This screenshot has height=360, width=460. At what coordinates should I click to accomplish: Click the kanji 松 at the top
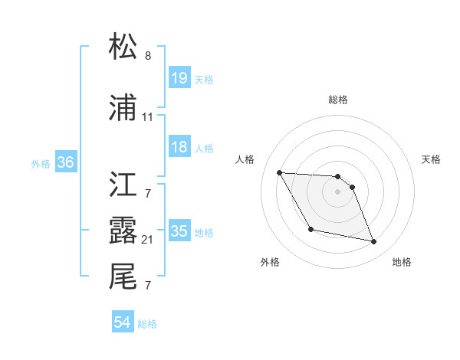(123, 47)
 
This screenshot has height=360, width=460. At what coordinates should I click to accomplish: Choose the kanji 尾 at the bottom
(123, 277)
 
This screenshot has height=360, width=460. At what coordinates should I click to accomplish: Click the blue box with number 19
(179, 78)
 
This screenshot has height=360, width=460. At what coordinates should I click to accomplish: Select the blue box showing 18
(179, 147)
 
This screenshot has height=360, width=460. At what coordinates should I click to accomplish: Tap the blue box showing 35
(179, 231)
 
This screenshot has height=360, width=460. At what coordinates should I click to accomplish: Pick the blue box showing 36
(65, 162)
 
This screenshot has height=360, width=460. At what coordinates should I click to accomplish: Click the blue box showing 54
(122, 323)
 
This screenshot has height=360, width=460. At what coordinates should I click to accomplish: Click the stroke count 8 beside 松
(148, 56)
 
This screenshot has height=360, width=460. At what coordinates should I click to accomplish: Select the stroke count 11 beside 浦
(147, 117)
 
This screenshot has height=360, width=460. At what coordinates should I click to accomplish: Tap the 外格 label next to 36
(41, 163)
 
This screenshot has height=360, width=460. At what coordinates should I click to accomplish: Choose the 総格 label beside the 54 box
(147, 324)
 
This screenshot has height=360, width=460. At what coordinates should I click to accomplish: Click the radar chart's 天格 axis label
(432, 159)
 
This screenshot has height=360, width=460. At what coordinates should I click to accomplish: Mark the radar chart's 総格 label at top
(338, 100)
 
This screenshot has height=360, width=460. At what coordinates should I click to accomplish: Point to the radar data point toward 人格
(279, 172)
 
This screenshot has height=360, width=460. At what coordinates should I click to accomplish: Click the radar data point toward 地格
(374, 242)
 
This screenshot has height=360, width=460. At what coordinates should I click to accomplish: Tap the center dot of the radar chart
(338, 191)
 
